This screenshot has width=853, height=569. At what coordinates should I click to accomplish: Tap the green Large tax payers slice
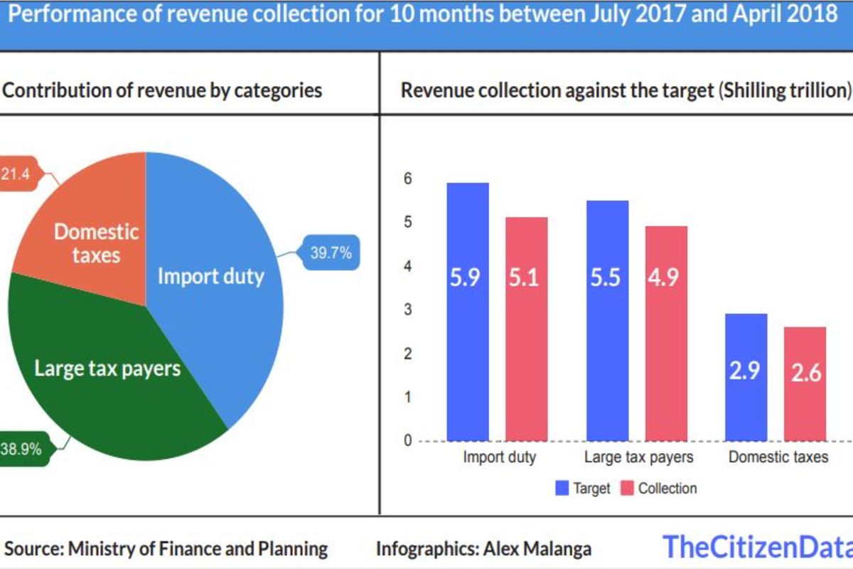[x=107, y=377]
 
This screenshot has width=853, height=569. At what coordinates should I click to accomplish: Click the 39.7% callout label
[x=331, y=252]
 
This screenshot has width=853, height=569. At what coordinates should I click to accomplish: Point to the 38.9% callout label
[x=21, y=449]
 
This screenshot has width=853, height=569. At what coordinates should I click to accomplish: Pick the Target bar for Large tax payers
[x=607, y=320]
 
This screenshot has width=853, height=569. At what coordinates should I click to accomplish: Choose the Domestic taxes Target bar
[x=746, y=377]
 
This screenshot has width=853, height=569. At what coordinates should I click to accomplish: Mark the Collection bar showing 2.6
[x=805, y=384]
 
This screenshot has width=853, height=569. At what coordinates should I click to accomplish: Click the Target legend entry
[x=583, y=489]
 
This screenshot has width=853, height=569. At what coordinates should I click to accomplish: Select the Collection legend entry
[x=659, y=489]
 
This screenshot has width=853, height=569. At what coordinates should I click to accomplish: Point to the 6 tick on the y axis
[x=407, y=179]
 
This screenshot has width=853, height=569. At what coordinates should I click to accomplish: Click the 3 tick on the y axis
[x=407, y=310]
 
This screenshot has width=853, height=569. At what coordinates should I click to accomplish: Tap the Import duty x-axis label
[x=499, y=457]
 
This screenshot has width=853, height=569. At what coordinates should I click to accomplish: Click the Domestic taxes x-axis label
[x=778, y=457]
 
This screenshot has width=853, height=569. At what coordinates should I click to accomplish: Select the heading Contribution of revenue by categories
[x=163, y=90]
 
